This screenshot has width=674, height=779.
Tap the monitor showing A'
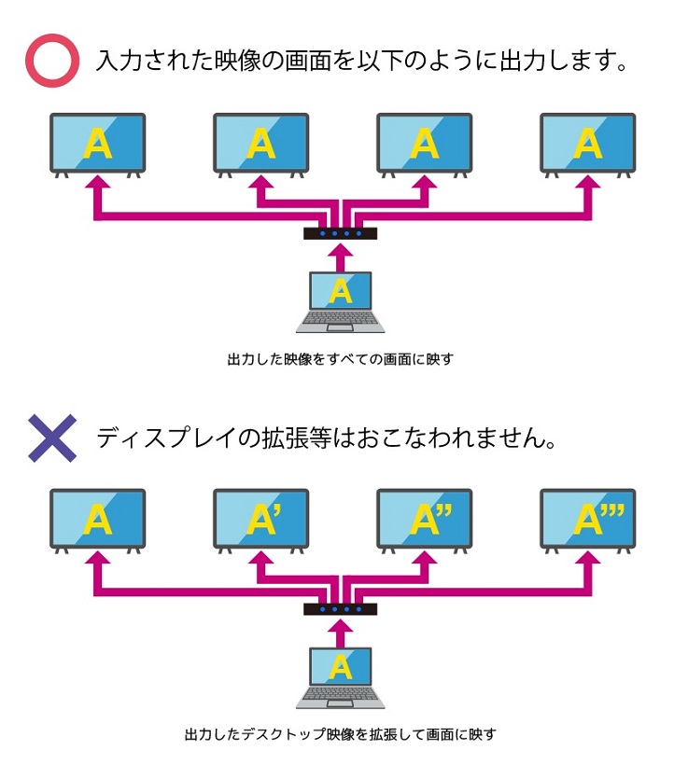pyautogui.click(x=261, y=519)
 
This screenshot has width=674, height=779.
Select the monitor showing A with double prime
pyautogui.click(x=425, y=519)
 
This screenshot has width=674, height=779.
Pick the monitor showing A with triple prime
pyautogui.click(x=588, y=519)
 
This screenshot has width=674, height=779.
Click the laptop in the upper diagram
pyautogui.click(x=341, y=301)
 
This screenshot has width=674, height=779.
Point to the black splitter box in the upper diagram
pyautogui.click(x=341, y=233)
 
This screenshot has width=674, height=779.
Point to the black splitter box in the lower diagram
pyautogui.click(x=341, y=609)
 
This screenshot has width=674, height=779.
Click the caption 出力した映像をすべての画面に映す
pyautogui.click(x=341, y=358)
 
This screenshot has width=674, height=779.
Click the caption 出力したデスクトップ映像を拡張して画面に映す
pyautogui.click(x=341, y=734)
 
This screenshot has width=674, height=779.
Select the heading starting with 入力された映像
pyautogui.click(x=359, y=62)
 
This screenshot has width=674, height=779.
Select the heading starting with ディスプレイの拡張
pyautogui.click(x=327, y=438)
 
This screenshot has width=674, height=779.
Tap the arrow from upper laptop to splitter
pyautogui.click(x=342, y=257)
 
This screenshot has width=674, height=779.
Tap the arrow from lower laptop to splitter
pyautogui.click(x=342, y=633)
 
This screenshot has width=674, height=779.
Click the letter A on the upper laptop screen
pyautogui.click(x=342, y=290)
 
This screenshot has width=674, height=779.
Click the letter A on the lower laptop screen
pyautogui.click(x=342, y=666)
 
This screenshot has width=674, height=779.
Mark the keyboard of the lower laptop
pyautogui.click(x=341, y=696)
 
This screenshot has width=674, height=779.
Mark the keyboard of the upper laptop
pyautogui.click(x=341, y=320)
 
